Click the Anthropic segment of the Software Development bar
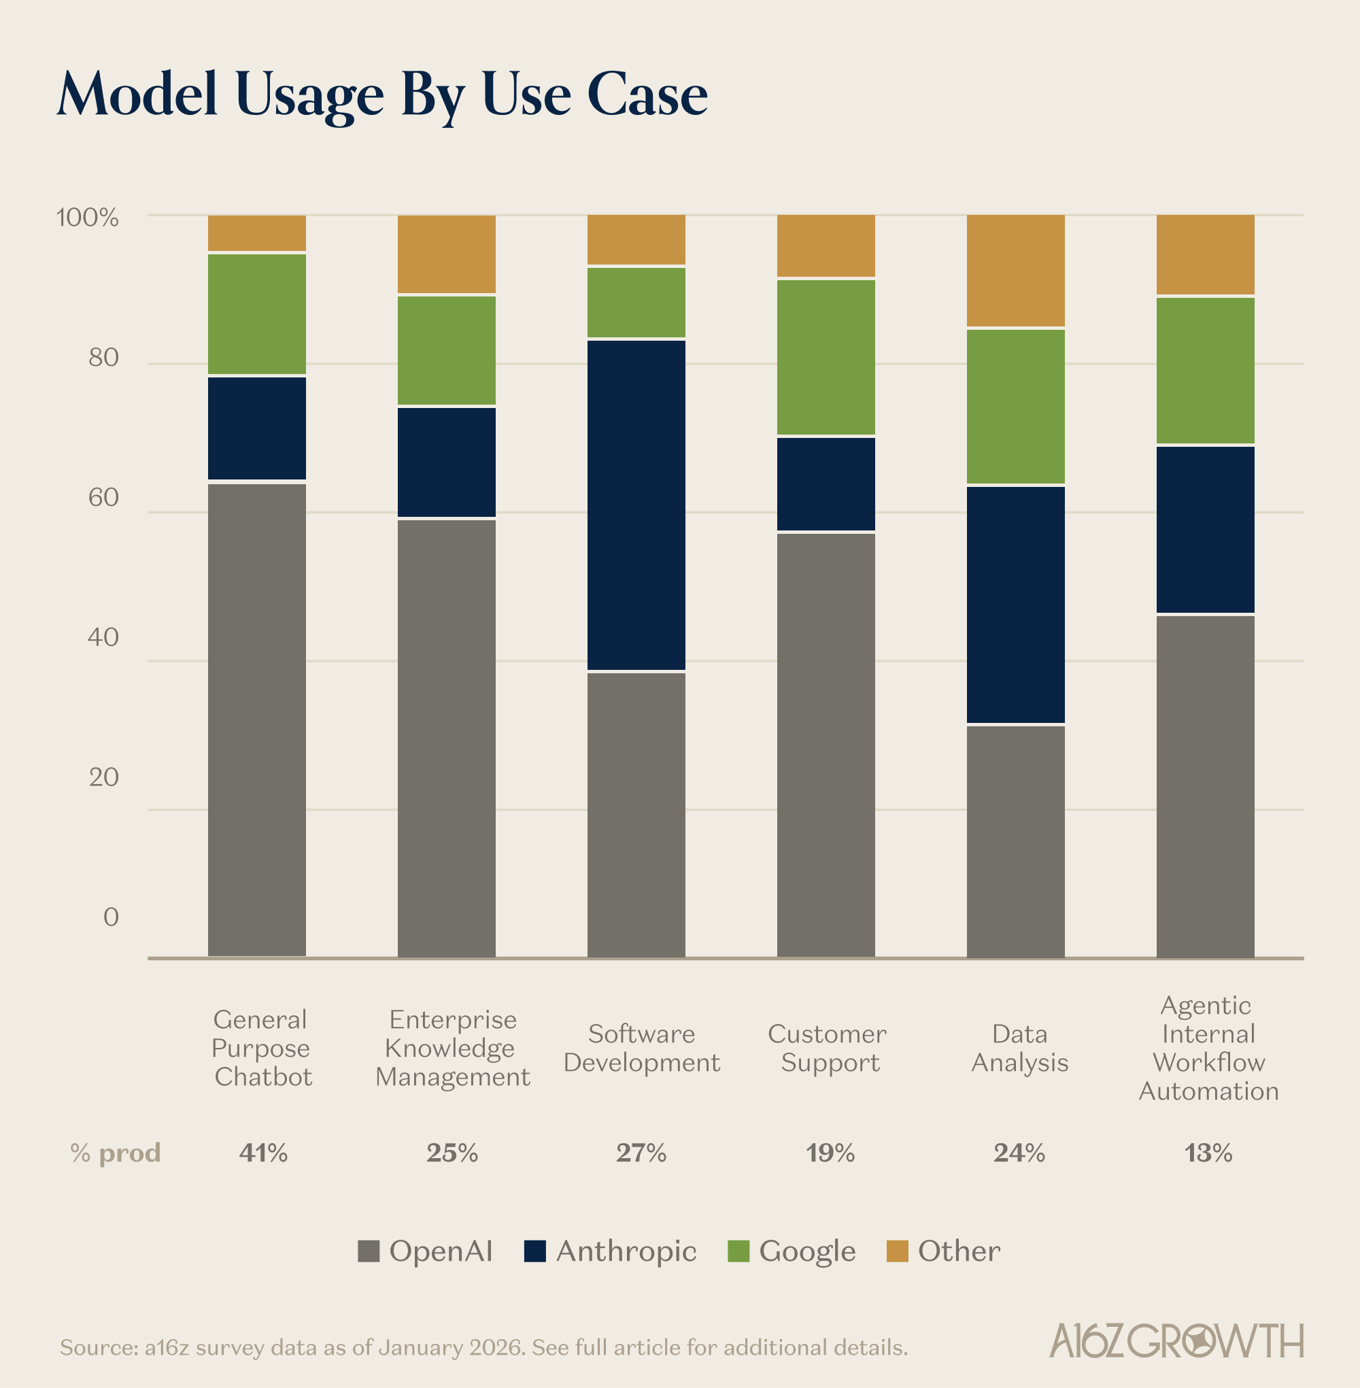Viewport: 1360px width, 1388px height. (x=636, y=505)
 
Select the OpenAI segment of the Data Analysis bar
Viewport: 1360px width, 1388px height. (x=1015, y=841)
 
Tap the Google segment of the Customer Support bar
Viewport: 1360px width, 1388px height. (x=826, y=356)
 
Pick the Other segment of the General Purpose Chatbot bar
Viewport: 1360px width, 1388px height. (x=257, y=233)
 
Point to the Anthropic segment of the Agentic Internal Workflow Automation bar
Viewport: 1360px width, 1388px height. (x=1205, y=528)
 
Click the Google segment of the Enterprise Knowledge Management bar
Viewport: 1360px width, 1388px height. (x=447, y=350)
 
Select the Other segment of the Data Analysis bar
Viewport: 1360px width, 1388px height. (x=1015, y=271)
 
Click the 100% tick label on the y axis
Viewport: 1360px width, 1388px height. (x=87, y=217)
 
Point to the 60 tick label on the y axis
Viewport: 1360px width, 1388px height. (x=103, y=497)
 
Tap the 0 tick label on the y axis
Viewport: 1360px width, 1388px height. (x=111, y=917)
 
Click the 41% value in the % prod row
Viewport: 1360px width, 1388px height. (x=263, y=1152)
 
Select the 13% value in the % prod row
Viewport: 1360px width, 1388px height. (x=1208, y=1152)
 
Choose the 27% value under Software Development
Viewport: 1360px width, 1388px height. (x=641, y=1152)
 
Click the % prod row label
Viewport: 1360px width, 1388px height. (x=116, y=1152)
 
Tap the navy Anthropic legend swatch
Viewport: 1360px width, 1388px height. (x=534, y=1251)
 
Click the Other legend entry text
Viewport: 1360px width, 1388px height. (x=959, y=1251)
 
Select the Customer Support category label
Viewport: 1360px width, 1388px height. (x=827, y=1048)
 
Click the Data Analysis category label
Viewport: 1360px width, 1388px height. (x=1019, y=1048)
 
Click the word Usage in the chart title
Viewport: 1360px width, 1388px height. (x=309, y=95)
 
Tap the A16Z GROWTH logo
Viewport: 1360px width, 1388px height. (x=1176, y=1341)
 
